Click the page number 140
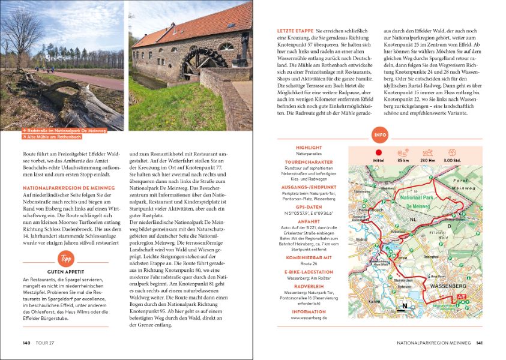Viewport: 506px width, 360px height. point(26,343)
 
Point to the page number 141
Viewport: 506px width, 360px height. point(479,343)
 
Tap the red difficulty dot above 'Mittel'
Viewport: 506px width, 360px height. point(379,152)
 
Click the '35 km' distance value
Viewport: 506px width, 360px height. point(403,161)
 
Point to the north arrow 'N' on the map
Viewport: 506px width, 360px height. point(405,306)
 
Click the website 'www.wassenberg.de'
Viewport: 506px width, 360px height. point(309,318)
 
